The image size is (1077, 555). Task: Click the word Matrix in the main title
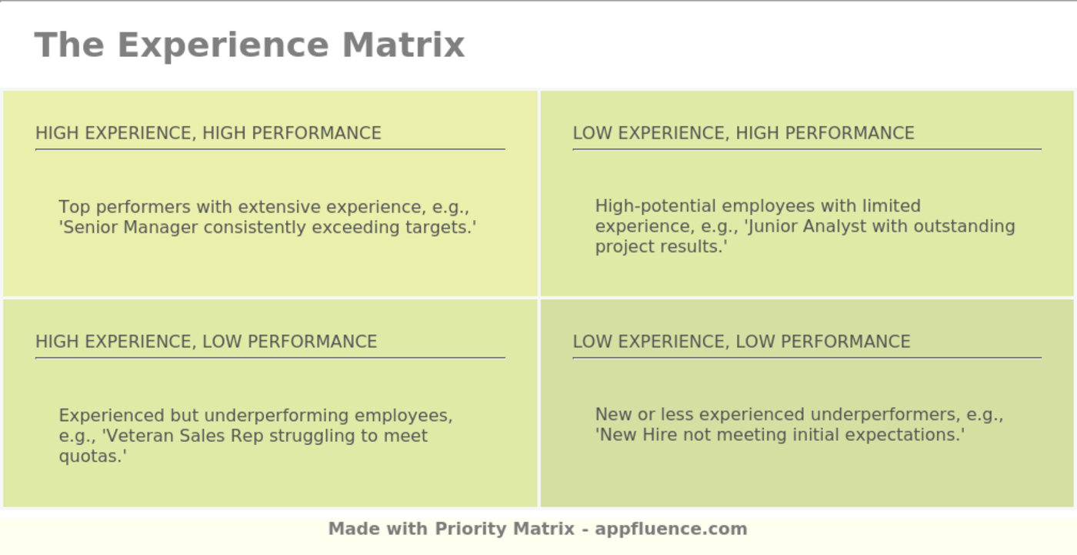[403, 45]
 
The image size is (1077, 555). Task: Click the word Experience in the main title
[226, 45]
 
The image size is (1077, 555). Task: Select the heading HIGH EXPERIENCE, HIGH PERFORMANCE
[208, 133]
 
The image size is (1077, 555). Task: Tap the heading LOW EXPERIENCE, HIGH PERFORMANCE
[743, 133]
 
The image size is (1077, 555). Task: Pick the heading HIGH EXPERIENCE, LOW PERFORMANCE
[206, 342]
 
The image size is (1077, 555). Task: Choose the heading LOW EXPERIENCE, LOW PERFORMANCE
[741, 342]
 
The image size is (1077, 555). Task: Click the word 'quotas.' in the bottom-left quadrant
[92, 456]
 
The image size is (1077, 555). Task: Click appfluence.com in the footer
[671, 529]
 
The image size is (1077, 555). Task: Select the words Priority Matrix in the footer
[505, 529]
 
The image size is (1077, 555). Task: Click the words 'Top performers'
[125, 207]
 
